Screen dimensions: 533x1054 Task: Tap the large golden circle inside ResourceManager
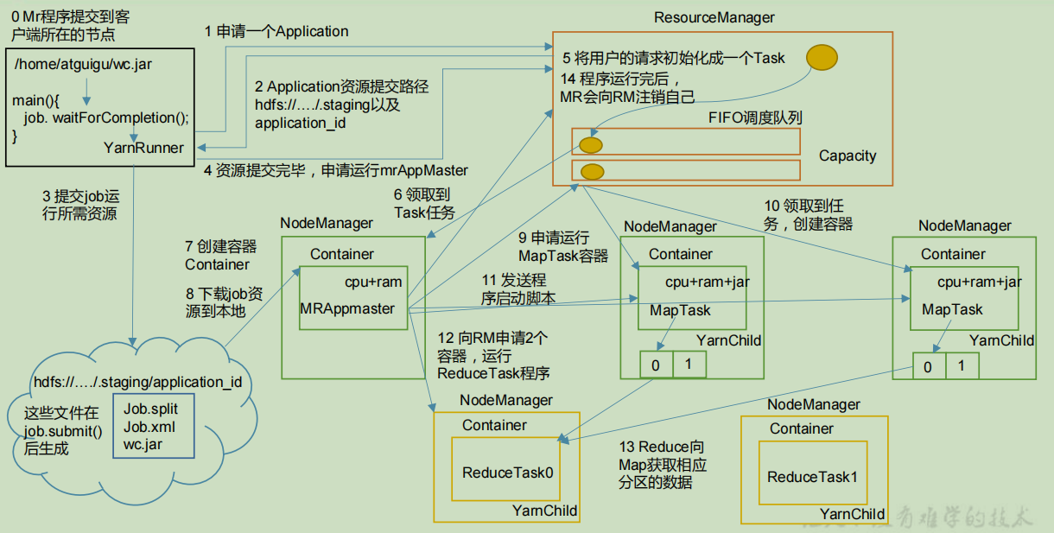(822, 57)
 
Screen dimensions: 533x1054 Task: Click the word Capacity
(847, 156)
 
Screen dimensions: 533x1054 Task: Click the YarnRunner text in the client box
(143, 148)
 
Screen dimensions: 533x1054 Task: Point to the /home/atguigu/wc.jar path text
(84, 64)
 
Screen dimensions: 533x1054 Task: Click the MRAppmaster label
(347, 308)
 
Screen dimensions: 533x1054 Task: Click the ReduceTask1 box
(812, 476)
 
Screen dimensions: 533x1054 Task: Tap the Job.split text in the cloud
(150, 409)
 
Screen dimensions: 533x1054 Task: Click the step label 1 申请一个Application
(276, 32)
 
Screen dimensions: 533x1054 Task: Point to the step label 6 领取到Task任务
(424, 204)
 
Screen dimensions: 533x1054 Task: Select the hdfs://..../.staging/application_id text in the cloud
(137, 382)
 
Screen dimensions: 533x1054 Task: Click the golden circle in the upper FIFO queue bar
(591, 144)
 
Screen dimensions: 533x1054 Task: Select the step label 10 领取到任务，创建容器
(808, 215)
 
